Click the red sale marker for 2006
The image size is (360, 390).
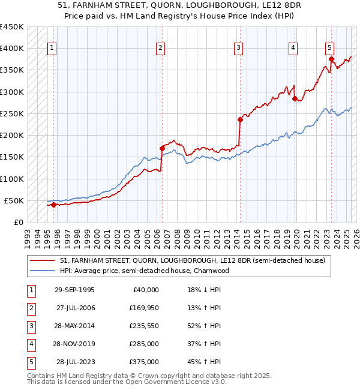point(162,148)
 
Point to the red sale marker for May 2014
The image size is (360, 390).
point(240,119)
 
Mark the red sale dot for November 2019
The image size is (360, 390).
point(295,98)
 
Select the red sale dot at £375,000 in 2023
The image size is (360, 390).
point(331,59)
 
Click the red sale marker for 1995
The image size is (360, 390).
point(53,205)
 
